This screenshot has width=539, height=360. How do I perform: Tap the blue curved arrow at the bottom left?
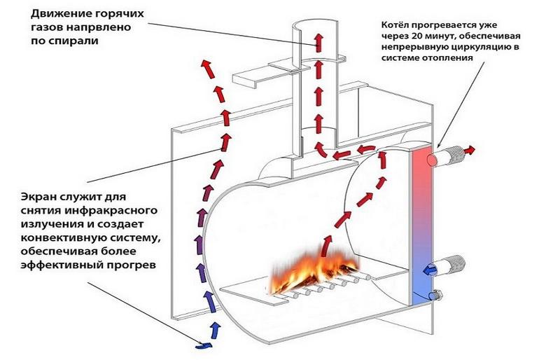(x=204, y=345)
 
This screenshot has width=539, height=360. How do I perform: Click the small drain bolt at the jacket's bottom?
(x=437, y=296)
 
